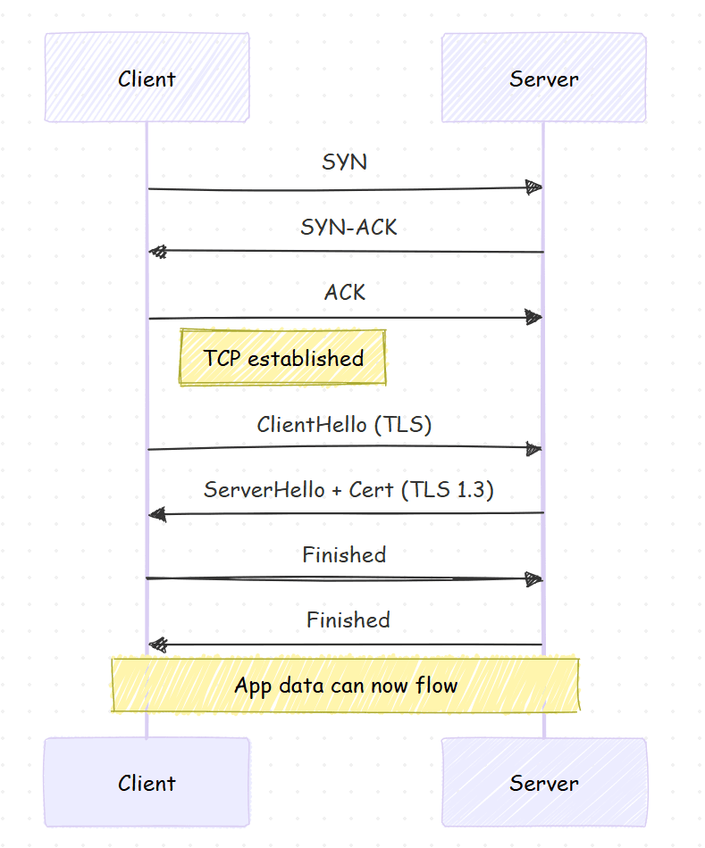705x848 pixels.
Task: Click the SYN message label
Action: click(344, 162)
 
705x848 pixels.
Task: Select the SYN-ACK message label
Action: click(348, 228)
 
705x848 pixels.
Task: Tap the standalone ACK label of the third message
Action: click(345, 293)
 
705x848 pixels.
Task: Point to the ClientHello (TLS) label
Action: click(344, 425)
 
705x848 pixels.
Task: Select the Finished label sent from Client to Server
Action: click(344, 555)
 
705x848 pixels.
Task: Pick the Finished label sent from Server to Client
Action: click(348, 620)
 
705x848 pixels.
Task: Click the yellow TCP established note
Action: click(282, 359)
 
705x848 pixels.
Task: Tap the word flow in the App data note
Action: click(437, 686)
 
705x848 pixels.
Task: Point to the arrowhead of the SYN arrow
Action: click(533, 187)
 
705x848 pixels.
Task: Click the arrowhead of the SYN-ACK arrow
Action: click(158, 253)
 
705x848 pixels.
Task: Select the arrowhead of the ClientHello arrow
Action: click(533, 448)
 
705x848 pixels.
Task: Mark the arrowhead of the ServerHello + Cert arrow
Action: click(158, 514)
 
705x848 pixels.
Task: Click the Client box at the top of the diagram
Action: click(147, 79)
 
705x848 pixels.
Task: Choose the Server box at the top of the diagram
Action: click(543, 79)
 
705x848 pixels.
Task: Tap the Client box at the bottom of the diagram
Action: click(147, 783)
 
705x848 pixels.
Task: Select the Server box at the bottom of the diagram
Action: click(543, 783)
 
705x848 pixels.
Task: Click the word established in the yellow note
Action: click(306, 359)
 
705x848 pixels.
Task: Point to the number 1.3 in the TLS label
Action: click(475, 490)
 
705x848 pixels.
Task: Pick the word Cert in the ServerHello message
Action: click(371, 490)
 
